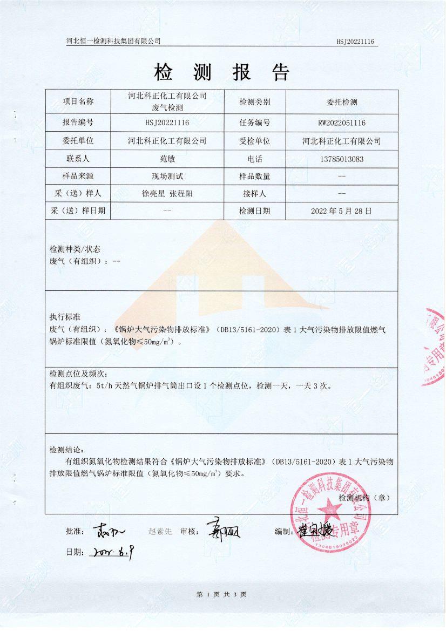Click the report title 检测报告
point(222,72)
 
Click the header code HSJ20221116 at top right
point(355,42)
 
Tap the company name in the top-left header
point(113,41)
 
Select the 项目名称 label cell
point(78,101)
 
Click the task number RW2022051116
point(342,123)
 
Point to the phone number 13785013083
point(342,159)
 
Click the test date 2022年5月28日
point(342,211)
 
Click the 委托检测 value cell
point(342,101)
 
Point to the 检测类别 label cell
point(254,101)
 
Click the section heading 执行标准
point(65,316)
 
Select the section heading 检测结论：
point(67,450)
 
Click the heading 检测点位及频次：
point(79,374)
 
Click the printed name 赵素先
point(160,532)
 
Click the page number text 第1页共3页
point(222,594)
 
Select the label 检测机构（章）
point(364,497)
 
